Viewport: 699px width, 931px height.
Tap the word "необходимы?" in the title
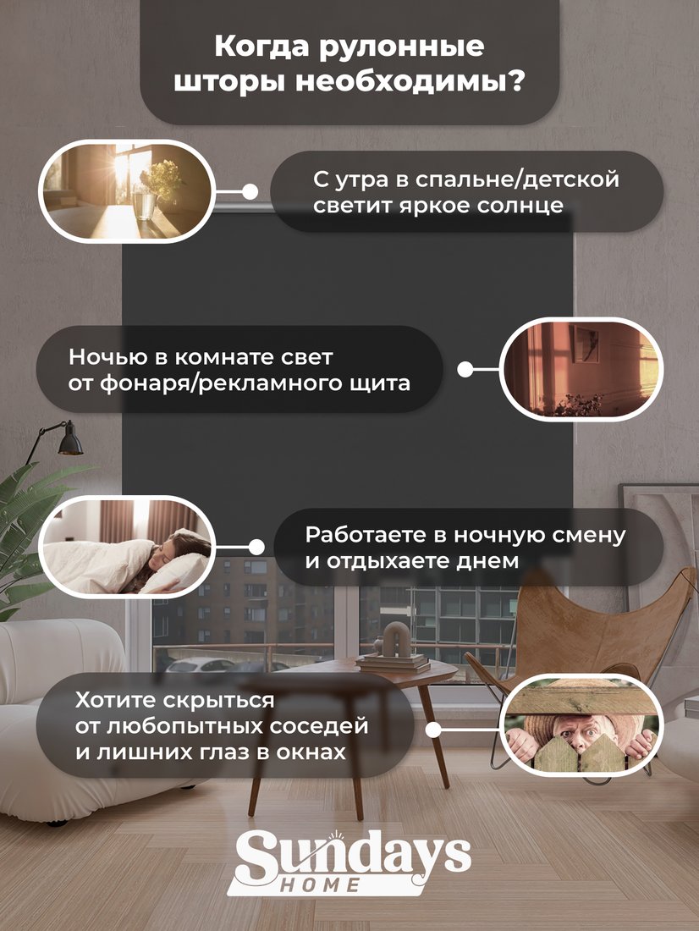coord(410,83)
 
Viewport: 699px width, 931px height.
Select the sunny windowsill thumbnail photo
coord(126,191)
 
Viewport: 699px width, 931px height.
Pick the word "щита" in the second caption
coord(384,383)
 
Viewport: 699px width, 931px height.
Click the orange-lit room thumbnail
coord(581,369)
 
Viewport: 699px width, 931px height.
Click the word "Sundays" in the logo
coord(354,857)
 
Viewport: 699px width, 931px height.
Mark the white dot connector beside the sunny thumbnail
coord(250,192)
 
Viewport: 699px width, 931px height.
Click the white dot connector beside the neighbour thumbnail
coord(433,730)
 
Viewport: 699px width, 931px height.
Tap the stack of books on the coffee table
coord(394,662)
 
